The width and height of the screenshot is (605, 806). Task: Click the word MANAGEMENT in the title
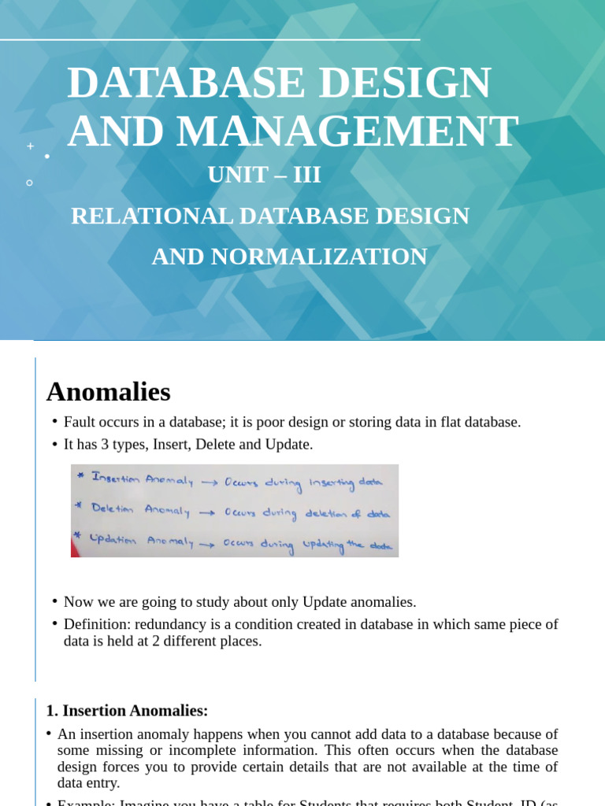point(347,131)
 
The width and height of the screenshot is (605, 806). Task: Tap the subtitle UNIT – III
point(265,175)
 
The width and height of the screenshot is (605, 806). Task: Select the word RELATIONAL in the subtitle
point(152,216)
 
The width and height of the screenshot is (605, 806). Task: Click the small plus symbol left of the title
point(31,146)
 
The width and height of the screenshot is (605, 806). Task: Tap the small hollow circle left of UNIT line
point(30,183)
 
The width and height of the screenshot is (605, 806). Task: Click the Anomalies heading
point(108,391)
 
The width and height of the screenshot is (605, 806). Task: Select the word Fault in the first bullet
point(80,422)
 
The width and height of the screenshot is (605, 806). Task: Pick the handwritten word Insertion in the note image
point(116,479)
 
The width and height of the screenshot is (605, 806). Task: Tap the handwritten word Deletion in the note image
point(113,509)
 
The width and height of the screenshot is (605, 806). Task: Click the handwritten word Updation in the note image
point(113,541)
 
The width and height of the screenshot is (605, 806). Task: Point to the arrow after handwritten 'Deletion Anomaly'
point(207,512)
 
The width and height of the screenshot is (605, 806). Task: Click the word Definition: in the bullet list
point(98,624)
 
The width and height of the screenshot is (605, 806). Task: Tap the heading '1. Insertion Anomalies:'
point(127,711)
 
